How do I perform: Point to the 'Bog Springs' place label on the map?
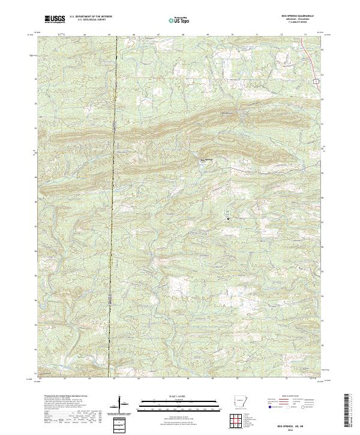click(x=206, y=160)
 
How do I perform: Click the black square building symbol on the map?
click(x=228, y=218)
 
